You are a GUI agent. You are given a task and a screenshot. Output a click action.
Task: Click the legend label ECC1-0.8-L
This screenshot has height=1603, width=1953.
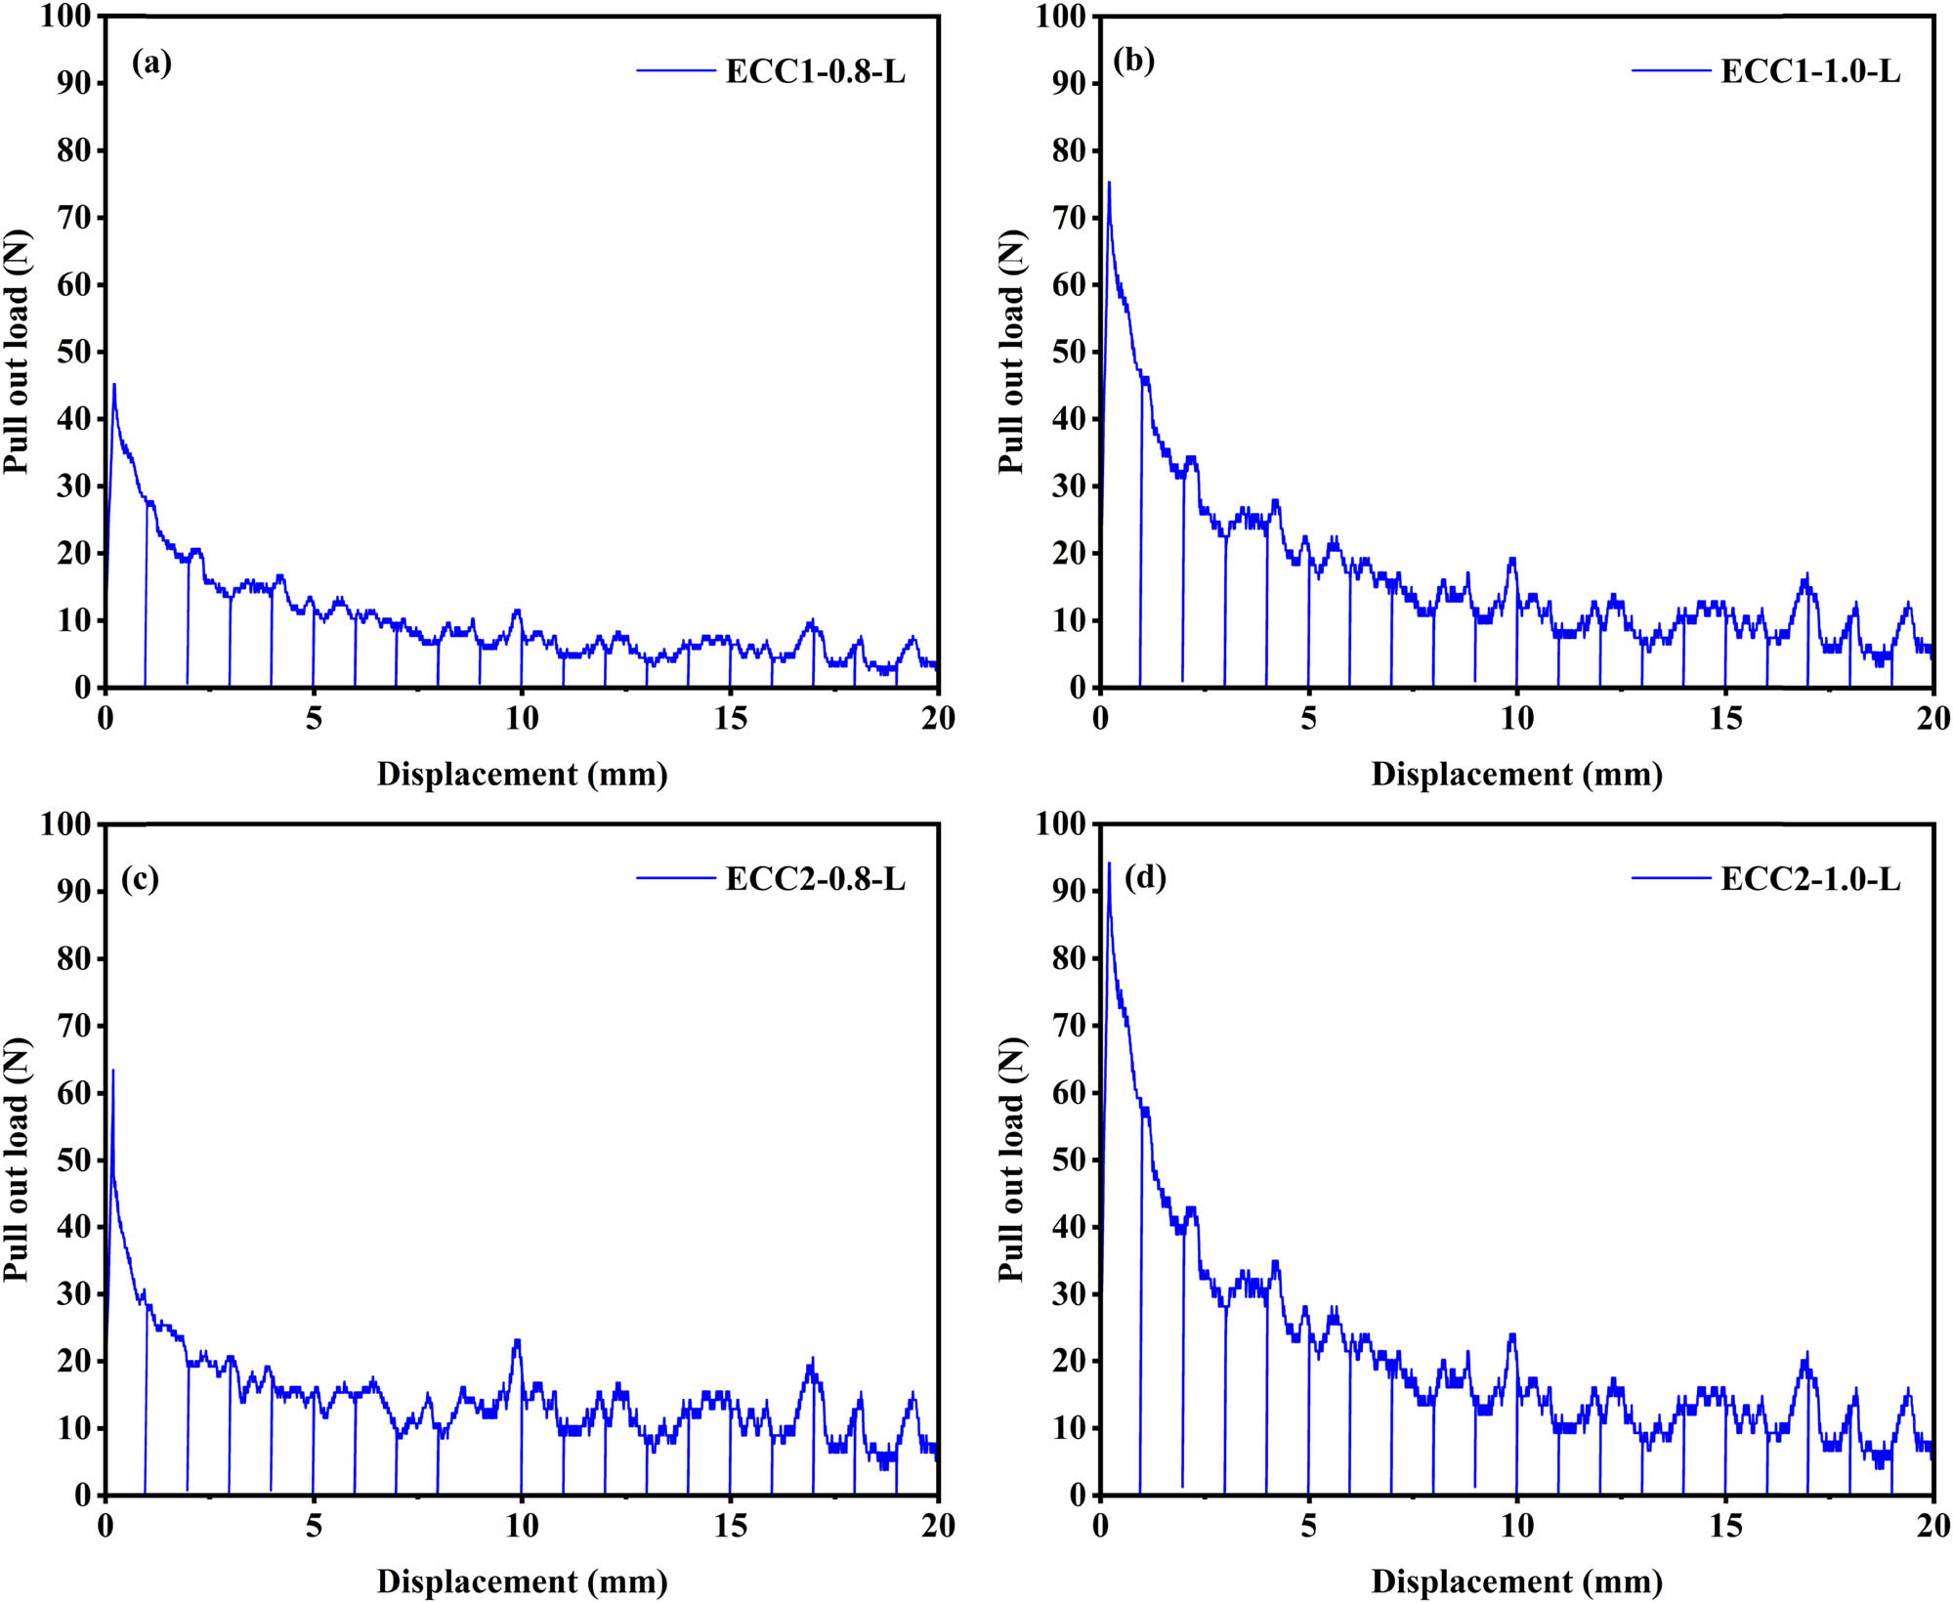(x=815, y=71)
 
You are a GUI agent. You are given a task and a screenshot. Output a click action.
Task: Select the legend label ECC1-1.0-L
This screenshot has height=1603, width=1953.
(x=1809, y=71)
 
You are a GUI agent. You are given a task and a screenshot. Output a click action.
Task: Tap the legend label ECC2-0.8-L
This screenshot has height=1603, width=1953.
(x=815, y=879)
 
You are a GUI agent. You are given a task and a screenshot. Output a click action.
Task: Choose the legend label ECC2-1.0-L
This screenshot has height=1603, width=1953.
(x=1809, y=879)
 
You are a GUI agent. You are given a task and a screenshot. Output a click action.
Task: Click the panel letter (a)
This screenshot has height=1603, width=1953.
(x=151, y=63)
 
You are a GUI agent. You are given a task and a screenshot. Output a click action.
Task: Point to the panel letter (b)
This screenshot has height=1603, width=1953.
(x=1133, y=62)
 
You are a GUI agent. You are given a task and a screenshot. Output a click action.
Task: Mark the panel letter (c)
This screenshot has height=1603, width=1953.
(x=140, y=879)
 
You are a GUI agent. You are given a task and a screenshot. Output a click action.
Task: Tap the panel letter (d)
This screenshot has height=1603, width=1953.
(x=1145, y=878)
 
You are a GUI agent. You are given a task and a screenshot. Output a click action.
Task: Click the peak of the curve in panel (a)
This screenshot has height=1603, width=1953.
(x=114, y=385)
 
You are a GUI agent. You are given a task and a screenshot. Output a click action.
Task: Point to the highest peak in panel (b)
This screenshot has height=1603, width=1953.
(x=1109, y=184)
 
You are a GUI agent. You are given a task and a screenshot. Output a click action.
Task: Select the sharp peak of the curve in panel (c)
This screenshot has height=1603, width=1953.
(x=113, y=1071)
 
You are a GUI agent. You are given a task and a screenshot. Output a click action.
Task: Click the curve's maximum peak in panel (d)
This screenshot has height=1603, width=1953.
(x=1109, y=864)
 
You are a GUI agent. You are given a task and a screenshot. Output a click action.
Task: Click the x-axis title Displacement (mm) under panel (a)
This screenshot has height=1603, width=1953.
(x=522, y=775)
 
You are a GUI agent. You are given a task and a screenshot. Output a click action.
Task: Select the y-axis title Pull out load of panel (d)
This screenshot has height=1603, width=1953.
(x=1010, y=1160)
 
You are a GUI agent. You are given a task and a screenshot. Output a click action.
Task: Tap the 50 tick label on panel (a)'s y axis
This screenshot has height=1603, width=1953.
(x=73, y=352)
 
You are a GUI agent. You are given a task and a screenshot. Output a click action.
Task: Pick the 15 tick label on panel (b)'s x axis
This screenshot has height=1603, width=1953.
(x=1725, y=718)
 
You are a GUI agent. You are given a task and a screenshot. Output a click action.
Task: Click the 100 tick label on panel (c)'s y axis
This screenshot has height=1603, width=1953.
(x=65, y=823)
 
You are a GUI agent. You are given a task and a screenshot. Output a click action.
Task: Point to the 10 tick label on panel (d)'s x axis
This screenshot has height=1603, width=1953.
(x=1516, y=1526)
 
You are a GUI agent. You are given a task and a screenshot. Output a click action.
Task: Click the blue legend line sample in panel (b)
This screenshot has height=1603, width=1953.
(x=1670, y=71)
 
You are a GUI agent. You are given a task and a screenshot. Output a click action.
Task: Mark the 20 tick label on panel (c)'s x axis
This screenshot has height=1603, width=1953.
(x=938, y=1526)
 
